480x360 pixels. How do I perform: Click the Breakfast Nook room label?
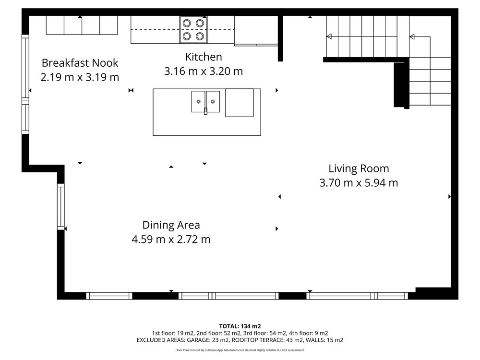[x=80, y=63]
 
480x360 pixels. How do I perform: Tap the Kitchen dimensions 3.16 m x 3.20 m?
[x=204, y=71]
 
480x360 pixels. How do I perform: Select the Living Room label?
[x=359, y=168]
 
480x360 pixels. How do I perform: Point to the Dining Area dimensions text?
[x=171, y=239]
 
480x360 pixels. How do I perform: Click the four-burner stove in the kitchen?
[x=193, y=30]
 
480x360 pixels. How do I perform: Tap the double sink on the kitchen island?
[x=206, y=102]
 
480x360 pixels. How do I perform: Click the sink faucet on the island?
[x=206, y=111]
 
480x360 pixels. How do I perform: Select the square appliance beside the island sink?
[x=240, y=103]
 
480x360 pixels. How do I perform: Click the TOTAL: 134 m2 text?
[x=240, y=326]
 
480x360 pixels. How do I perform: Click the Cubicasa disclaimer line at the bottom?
[x=240, y=350]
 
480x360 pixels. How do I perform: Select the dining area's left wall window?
[x=61, y=206]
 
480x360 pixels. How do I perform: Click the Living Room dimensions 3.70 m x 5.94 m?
[x=359, y=183]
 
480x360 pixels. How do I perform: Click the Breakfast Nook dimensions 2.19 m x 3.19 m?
[x=80, y=77]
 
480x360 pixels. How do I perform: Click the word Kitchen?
[x=204, y=57]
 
